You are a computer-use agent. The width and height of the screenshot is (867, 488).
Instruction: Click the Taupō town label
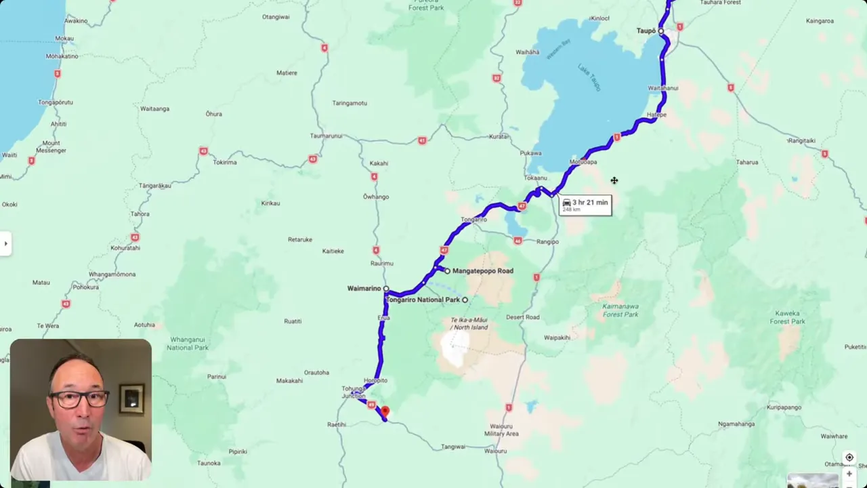(x=646, y=30)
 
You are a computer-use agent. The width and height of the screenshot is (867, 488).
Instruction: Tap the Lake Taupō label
(x=587, y=74)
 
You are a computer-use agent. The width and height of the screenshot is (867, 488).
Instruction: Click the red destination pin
(x=385, y=411)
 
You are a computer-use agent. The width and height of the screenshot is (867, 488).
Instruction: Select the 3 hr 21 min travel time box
(x=585, y=205)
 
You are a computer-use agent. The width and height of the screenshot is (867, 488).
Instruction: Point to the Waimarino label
(x=364, y=289)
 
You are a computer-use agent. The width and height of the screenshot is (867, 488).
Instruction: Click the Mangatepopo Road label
(x=482, y=271)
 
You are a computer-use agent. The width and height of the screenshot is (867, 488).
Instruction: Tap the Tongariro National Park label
(x=423, y=300)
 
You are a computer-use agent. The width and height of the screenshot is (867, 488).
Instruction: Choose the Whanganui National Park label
(x=188, y=344)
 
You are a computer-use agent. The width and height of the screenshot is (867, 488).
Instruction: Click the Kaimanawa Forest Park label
(x=620, y=310)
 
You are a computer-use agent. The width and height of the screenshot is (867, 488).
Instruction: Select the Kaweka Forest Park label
(x=787, y=317)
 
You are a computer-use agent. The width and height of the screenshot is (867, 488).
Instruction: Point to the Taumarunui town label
(x=326, y=136)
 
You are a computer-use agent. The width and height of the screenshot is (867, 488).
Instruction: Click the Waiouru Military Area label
(x=502, y=430)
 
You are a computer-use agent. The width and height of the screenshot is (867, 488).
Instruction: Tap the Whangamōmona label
(x=112, y=274)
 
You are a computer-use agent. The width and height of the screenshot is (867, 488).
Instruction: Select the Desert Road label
(x=522, y=317)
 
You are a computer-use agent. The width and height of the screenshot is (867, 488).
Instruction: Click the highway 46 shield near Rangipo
(x=517, y=241)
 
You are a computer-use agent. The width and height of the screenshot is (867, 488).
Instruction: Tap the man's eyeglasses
(x=79, y=399)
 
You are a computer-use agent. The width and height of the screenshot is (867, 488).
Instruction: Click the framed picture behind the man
(x=131, y=399)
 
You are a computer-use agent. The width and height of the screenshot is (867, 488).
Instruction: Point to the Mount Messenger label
(x=51, y=146)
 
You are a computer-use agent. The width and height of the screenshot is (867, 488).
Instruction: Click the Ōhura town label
(x=213, y=114)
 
